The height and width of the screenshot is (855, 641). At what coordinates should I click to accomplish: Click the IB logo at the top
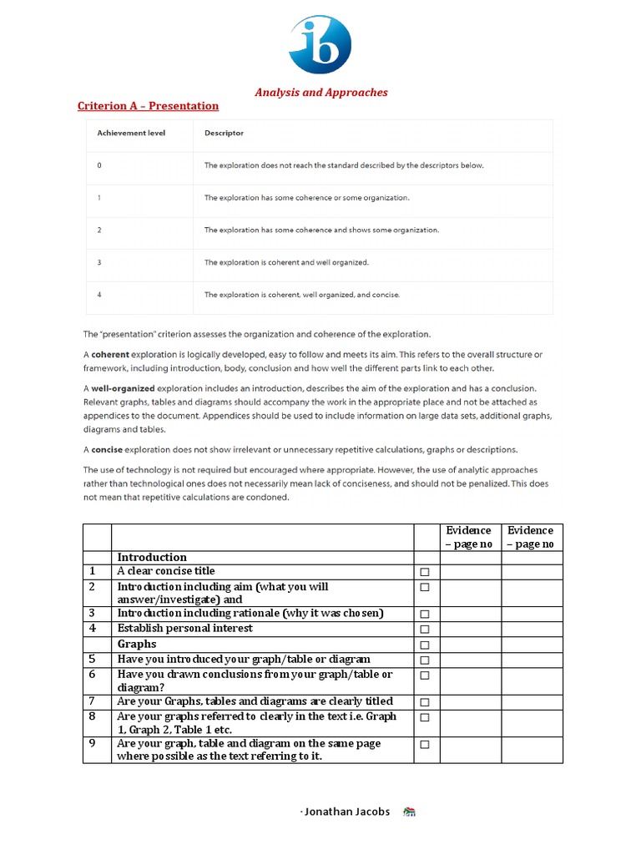[x=320, y=44]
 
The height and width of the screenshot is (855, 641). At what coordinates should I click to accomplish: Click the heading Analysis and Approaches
[x=321, y=93]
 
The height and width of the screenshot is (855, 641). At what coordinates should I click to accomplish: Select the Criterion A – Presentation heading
[x=148, y=106]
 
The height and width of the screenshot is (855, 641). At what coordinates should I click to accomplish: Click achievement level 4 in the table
[x=99, y=295]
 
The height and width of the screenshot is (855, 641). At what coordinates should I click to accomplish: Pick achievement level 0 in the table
[x=99, y=165]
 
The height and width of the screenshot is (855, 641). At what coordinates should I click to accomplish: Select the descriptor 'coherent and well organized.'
[x=286, y=262]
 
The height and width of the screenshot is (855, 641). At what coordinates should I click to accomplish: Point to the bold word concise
[x=109, y=448]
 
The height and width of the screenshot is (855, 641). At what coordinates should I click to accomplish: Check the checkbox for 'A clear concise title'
[x=425, y=572]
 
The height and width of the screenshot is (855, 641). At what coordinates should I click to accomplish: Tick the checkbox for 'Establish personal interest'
[x=425, y=630]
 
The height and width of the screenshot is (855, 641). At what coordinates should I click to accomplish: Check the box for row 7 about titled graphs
[x=425, y=702]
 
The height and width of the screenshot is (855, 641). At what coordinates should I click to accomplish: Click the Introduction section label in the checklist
[x=152, y=558]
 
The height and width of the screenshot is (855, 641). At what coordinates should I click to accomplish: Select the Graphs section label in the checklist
[x=137, y=645]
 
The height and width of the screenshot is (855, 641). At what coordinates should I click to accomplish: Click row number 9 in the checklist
[x=93, y=744]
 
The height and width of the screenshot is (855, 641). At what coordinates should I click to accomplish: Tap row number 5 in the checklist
[x=93, y=660]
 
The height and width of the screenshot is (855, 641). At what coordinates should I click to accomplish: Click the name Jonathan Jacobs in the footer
[x=346, y=812]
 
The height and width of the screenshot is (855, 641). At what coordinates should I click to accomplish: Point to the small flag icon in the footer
[x=409, y=812]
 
